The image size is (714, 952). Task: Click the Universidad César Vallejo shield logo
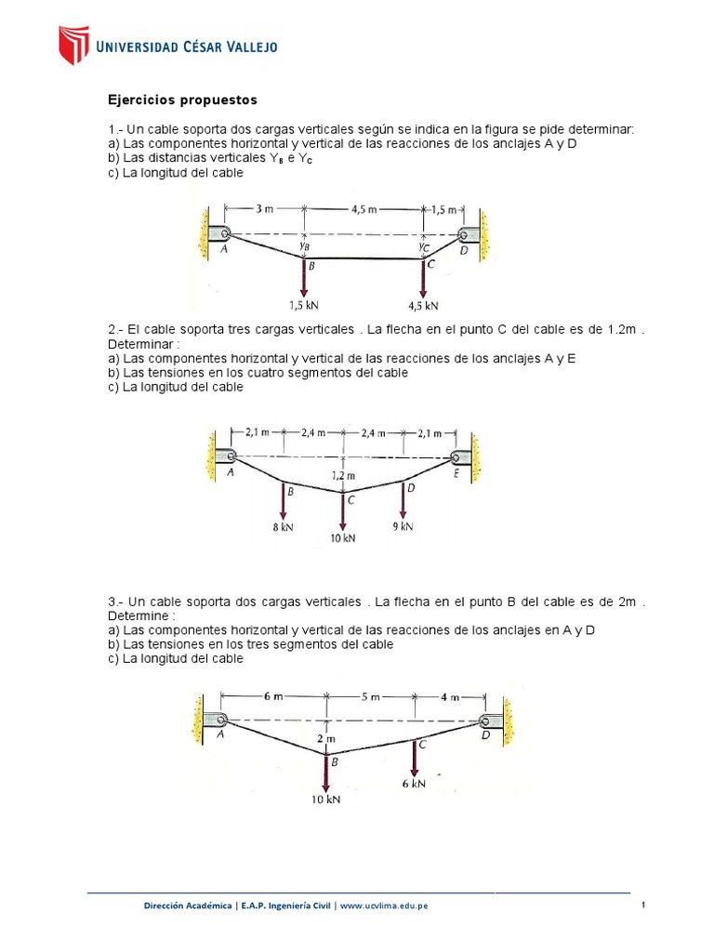[x=73, y=46]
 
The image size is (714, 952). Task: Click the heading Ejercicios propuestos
[x=182, y=99]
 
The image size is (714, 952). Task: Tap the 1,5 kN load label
[x=305, y=305]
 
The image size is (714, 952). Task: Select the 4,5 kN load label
[x=423, y=305]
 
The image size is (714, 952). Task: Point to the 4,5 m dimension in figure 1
[x=364, y=209]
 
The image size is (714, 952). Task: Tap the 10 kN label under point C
[x=343, y=537]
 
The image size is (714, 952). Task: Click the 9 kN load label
[x=403, y=527]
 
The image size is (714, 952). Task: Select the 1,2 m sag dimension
[x=344, y=476]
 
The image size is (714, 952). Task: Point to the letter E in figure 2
[x=456, y=473]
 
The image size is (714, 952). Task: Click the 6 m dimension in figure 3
[x=272, y=696]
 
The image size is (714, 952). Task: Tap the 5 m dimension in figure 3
[x=369, y=696]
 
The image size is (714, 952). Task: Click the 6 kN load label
[x=414, y=784]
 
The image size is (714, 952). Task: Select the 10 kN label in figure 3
[x=326, y=800]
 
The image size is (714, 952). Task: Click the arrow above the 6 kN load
[x=414, y=758]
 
